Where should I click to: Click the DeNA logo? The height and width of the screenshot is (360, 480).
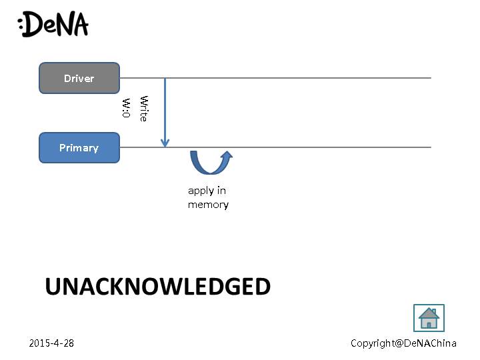point(53,25)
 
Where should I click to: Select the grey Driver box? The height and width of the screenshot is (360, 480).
point(79,78)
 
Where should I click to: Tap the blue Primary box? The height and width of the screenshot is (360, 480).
point(79,147)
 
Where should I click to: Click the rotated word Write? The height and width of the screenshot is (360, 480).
point(143,109)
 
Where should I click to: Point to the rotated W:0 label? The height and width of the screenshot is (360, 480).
point(125,109)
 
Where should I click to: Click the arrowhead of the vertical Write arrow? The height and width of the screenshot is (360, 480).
point(165,143)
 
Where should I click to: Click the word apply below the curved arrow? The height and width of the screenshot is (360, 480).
point(201,191)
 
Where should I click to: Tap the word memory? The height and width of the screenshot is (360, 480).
point(208,205)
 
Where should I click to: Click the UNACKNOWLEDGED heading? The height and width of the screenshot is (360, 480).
point(157,287)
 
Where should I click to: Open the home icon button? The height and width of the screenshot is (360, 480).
point(429,318)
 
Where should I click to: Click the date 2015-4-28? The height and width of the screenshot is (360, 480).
point(51,343)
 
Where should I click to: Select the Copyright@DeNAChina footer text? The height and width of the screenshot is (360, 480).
point(403,343)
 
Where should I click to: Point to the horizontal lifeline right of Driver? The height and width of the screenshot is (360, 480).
point(300,78)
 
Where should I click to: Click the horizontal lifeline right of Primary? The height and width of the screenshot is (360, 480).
point(320,147)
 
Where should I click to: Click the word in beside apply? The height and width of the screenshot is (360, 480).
point(221,191)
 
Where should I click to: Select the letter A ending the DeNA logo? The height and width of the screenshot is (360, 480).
point(79,25)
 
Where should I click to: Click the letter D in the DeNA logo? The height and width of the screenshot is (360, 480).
point(35,25)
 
